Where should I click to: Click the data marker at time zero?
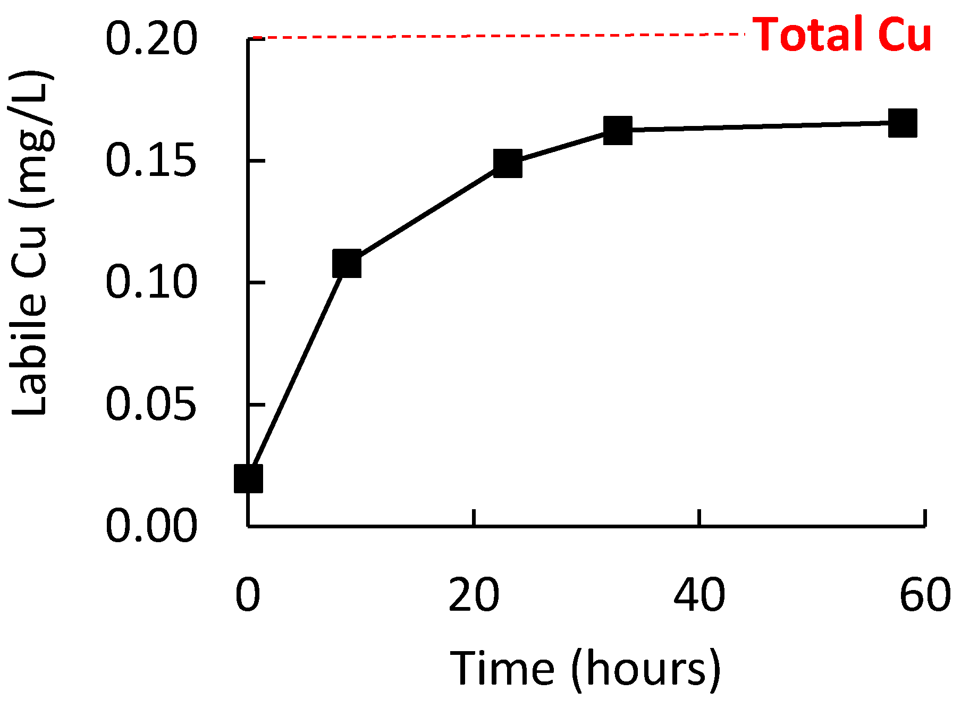[248, 478]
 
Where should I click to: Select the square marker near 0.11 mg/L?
[347, 263]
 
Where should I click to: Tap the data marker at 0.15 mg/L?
[508, 163]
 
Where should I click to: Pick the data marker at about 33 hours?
[618, 130]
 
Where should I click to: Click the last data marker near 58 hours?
[903, 123]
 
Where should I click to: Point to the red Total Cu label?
[842, 35]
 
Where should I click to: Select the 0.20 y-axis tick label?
[151, 38]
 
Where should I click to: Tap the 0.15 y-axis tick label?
[151, 161]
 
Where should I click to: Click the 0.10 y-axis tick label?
[151, 282]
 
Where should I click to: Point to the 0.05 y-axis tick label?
[151, 404]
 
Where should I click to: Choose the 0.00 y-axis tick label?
[151, 526]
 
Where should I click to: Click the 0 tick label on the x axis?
[248, 595]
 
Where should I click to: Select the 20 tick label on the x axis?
[474, 595]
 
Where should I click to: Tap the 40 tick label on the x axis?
[699, 595]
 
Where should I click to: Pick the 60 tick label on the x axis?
[925, 595]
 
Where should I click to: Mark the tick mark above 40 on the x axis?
[699, 518]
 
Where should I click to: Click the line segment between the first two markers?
[298, 370]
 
